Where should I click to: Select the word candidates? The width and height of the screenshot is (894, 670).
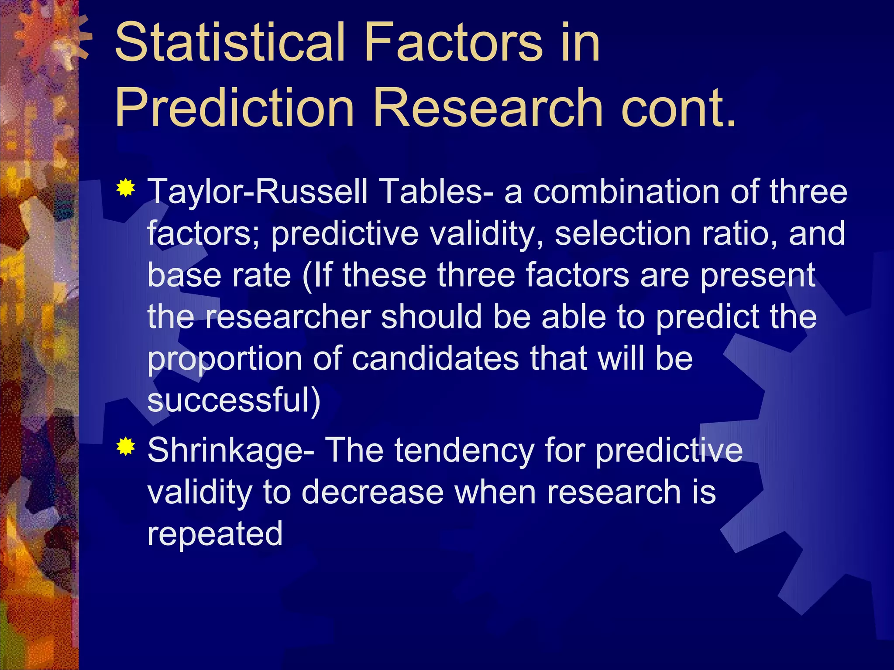point(435,359)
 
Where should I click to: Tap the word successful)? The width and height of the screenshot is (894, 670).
point(234,400)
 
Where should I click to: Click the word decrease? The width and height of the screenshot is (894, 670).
point(372,492)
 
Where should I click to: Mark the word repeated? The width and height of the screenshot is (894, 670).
point(215,533)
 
